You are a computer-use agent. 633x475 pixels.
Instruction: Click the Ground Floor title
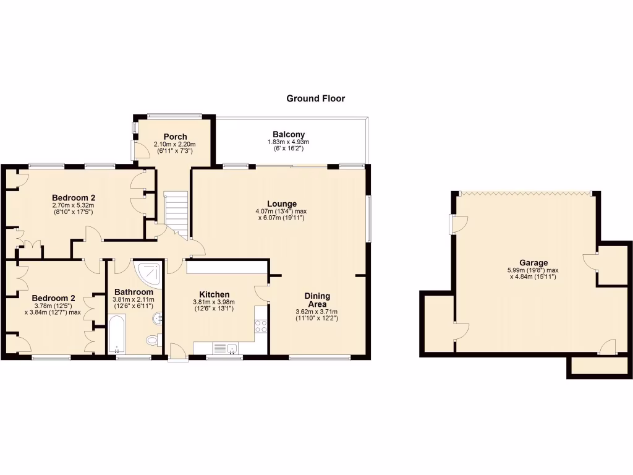click(315, 98)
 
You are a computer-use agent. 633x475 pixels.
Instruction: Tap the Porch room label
click(175, 137)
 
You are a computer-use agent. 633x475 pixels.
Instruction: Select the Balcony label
click(289, 134)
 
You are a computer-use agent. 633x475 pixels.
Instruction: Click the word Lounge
click(282, 203)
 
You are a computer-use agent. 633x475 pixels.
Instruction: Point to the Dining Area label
click(317, 300)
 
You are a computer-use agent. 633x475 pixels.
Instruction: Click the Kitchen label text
click(215, 294)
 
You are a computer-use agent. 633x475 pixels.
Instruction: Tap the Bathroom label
click(134, 292)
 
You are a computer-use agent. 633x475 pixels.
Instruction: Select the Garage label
click(533, 263)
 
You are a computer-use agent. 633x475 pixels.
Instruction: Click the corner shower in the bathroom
click(148, 273)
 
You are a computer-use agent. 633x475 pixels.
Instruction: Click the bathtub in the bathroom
click(117, 334)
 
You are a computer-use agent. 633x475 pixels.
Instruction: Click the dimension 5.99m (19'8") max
click(533, 270)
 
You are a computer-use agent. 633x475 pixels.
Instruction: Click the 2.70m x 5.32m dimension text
click(74, 205)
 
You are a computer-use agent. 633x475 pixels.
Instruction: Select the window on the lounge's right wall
click(370, 218)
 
